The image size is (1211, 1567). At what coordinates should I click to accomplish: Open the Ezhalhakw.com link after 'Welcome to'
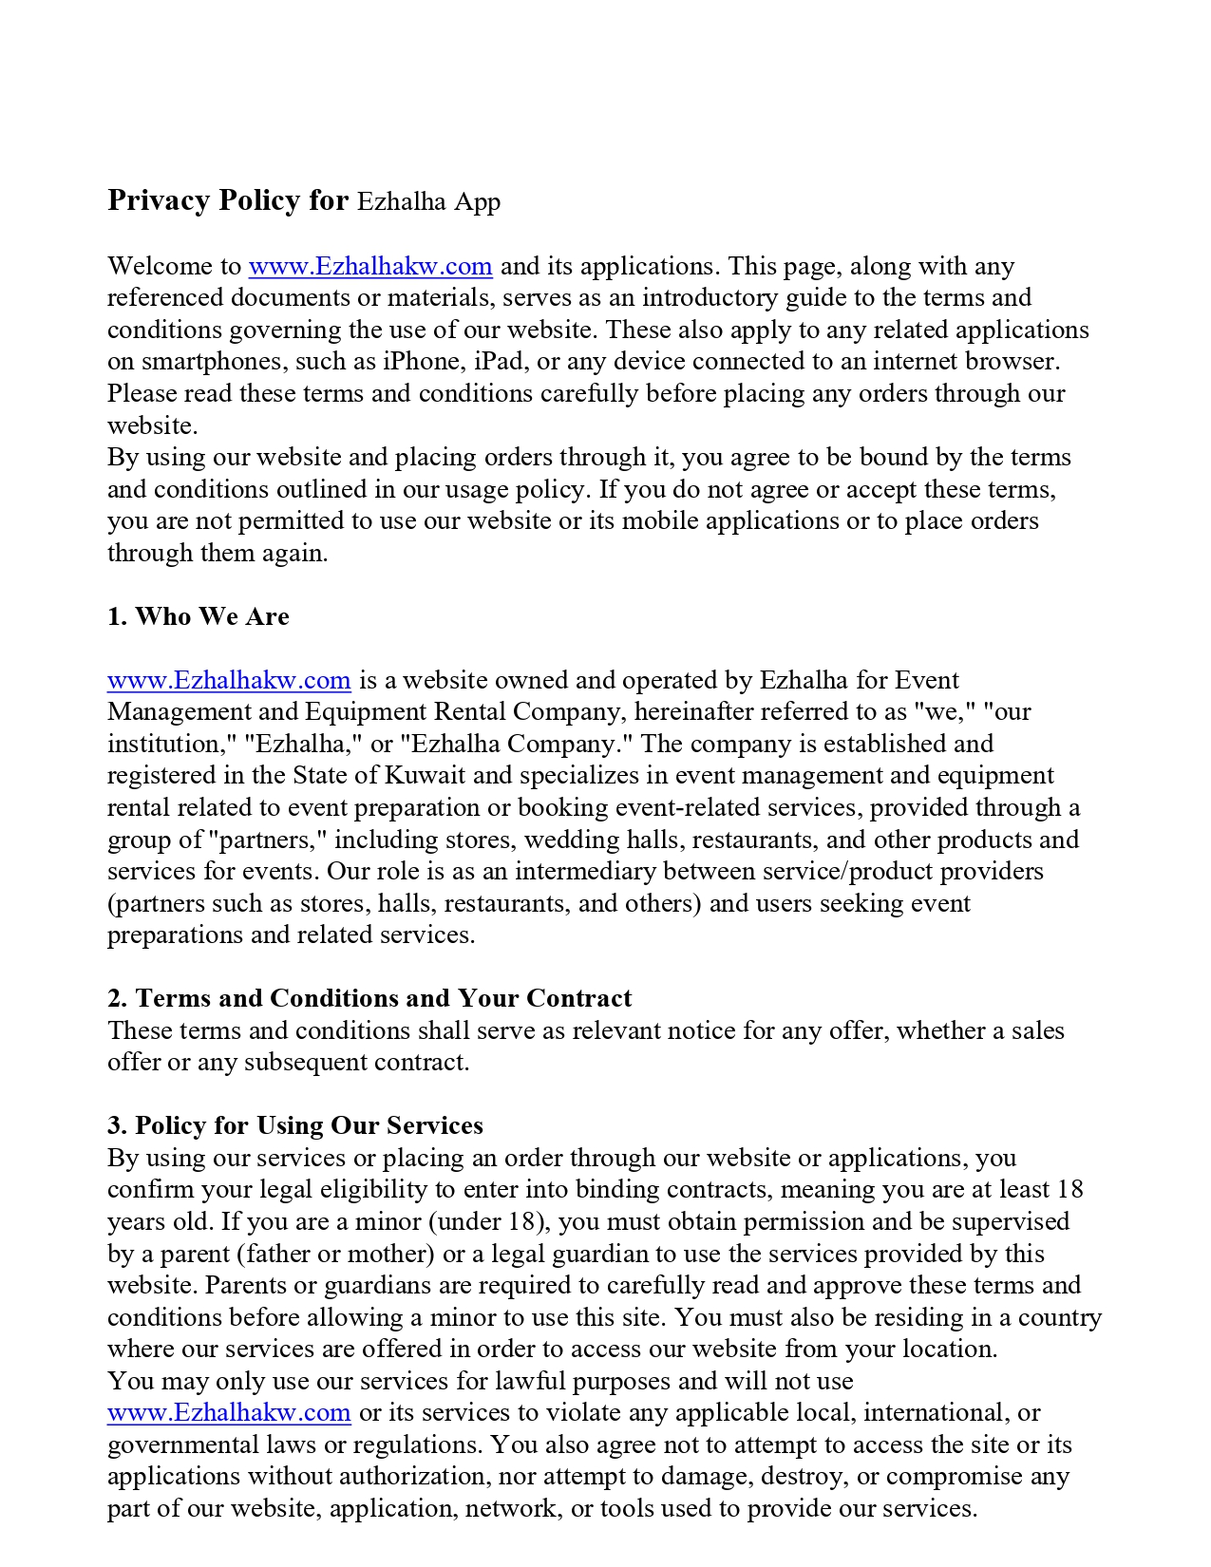(370, 266)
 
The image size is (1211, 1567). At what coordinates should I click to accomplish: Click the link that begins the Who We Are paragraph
(229, 680)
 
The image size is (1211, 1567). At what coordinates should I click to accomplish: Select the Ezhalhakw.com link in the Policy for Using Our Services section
(229, 1413)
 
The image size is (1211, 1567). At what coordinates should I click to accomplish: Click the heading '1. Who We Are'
(199, 616)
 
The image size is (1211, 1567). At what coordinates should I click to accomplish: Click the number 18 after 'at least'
(1069, 1190)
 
